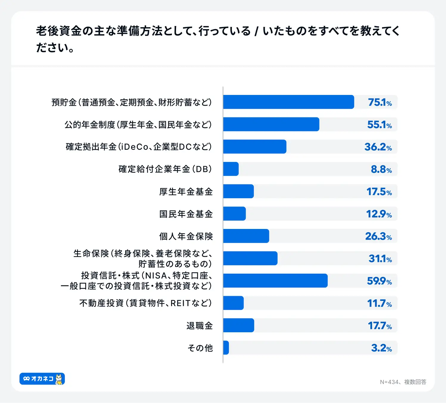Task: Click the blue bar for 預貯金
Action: (288, 102)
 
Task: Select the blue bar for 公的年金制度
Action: (271, 124)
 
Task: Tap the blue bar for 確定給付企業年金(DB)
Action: (231, 169)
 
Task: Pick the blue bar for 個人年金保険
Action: (246, 236)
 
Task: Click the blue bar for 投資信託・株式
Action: (275, 281)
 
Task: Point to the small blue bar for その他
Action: (226, 348)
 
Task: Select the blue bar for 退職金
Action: (239, 325)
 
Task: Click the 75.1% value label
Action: (380, 102)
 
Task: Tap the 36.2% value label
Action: (378, 147)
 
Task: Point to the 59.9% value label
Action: (379, 281)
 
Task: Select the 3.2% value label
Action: (381, 348)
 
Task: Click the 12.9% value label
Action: (379, 214)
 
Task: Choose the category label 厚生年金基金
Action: (186, 192)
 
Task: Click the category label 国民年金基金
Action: (186, 214)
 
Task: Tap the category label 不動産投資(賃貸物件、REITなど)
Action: (146, 303)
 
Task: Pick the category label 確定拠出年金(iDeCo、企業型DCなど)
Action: (139, 147)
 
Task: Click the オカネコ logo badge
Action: (42, 379)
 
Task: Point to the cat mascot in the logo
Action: (59, 379)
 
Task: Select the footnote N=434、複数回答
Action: (403, 382)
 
